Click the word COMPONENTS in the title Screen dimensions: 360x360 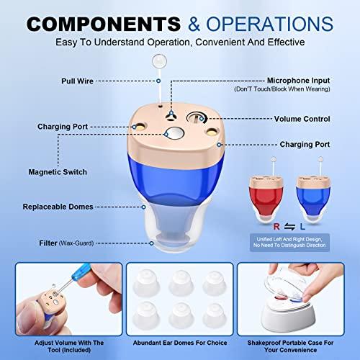coord(104,24)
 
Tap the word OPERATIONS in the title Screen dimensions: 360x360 coord(270,24)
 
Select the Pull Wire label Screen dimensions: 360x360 coord(77,81)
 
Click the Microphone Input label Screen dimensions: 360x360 coord(298,81)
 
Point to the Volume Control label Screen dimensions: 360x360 coord(302,119)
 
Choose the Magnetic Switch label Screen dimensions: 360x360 coord(58,172)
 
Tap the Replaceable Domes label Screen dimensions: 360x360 coord(58,207)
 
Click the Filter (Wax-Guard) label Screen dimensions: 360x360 coord(66,243)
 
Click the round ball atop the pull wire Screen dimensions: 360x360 coord(159,60)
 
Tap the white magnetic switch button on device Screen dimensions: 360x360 coord(174,134)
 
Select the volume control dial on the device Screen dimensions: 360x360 coord(197,118)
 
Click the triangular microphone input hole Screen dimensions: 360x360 coord(171,116)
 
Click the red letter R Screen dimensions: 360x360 coord(276,227)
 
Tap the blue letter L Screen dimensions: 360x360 coord(302,227)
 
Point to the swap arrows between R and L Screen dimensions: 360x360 coord(289,227)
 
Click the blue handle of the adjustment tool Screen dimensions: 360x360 coord(81,272)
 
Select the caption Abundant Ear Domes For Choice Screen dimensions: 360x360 coord(180,343)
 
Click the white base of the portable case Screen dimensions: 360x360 coord(288,318)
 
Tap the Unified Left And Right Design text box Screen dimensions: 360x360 coord(289,242)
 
